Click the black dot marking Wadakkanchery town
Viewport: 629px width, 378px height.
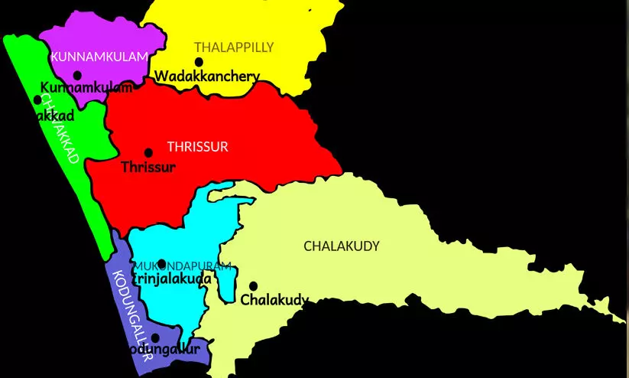click(x=199, y=62)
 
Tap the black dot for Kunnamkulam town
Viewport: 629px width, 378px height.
click(x=77, y=75)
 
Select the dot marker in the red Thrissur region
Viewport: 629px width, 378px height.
click(x=148, y=153)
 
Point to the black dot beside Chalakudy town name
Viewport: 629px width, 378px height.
click(x=253, y=285)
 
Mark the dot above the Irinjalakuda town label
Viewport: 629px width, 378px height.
click(x=161, y=264)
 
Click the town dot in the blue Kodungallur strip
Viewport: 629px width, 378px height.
click(x=155, y=337)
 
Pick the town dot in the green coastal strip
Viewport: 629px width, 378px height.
click(x=37, y=99)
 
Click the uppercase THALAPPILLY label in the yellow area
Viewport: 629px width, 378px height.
click(x=233, y=47)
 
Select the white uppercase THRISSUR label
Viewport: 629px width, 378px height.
click(x=197, y=146)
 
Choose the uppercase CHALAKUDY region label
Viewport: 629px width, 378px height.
click(x=341, y=246)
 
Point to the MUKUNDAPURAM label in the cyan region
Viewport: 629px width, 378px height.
click(x=184, y=266)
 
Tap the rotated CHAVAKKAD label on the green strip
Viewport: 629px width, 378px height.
click(x=59, y=130)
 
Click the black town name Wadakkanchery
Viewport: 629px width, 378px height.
click(x=207, y=77)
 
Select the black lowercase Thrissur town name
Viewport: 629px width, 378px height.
click(x=148, y=166)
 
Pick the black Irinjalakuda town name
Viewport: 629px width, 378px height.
click(x=173, y=279)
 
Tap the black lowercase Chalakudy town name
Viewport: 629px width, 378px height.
click(x=275, y=299)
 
